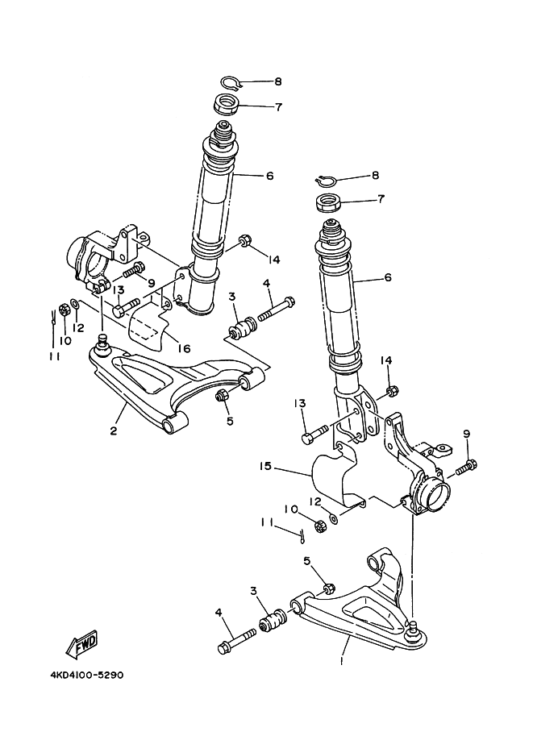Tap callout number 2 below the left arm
[114, 430]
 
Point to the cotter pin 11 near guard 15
[299, 533]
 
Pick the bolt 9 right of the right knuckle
[467, 467]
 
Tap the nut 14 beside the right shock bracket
[391, 392]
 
